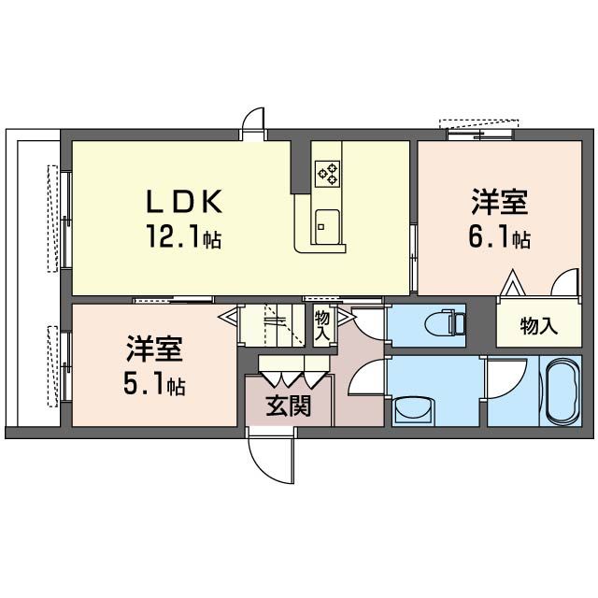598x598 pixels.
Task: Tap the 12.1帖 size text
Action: point(183,239)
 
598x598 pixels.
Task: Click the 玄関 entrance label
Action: point(288,406)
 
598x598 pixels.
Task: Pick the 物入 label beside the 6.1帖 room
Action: point(538,326)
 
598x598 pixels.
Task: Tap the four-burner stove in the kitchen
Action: point(328,173)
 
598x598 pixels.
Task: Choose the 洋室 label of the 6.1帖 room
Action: point(498,203)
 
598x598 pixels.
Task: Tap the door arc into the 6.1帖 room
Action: point(565,283)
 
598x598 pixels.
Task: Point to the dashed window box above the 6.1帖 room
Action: point(477,123)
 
